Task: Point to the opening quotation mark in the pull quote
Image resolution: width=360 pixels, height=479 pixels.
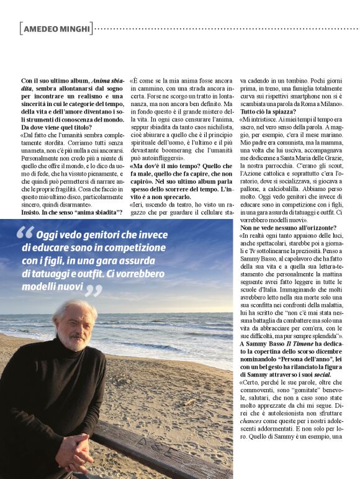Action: [25, 234]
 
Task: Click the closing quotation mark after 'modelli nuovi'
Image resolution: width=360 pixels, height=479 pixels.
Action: [92, 290]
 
